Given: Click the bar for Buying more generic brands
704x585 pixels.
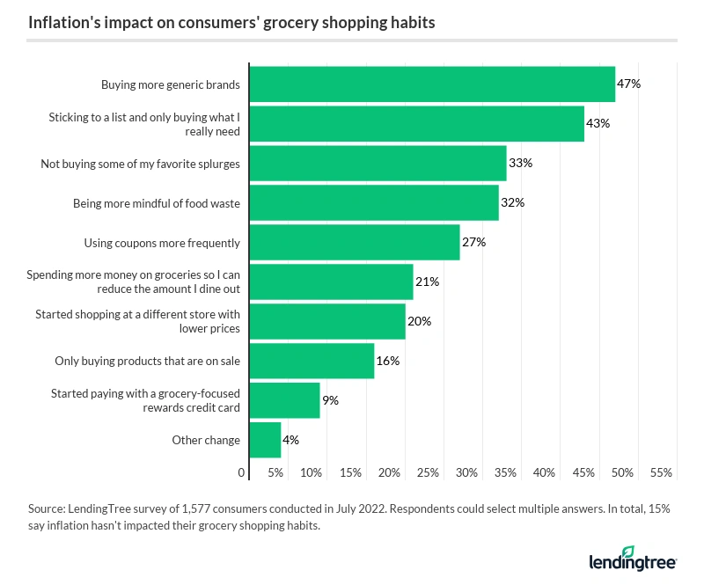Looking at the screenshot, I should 432,84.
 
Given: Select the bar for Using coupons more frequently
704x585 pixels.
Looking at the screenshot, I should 355,242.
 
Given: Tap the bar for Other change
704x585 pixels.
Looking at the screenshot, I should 265,440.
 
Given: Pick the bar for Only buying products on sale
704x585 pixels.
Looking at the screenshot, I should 312,361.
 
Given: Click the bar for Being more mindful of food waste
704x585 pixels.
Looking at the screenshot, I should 374,202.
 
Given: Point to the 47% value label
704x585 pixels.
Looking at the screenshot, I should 628,84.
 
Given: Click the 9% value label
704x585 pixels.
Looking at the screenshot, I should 330,400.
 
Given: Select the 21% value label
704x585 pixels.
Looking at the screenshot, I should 426,282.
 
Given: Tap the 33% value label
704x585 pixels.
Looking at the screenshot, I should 520,163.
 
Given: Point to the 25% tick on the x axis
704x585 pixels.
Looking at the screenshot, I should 428,473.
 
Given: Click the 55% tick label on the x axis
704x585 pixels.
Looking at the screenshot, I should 661,473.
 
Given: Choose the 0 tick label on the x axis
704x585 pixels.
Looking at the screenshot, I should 242,473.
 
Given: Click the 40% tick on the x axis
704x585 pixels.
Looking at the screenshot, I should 545,473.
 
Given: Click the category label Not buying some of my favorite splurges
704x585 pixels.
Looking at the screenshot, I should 140,164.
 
